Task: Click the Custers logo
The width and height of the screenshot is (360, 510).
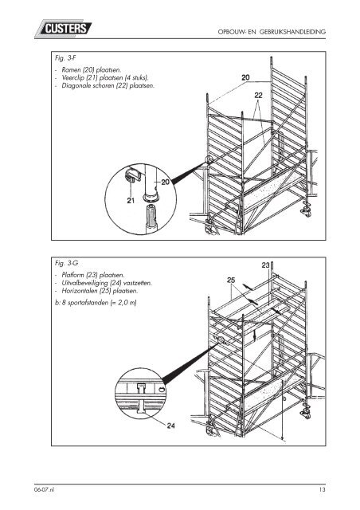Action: point(63,28)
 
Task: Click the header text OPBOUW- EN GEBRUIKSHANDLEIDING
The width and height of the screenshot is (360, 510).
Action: point(272,32)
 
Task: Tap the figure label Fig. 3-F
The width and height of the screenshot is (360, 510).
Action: point(65,58)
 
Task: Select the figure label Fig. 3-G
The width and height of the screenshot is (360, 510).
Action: point(66,263)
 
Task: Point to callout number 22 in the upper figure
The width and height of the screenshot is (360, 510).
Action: point(258,96)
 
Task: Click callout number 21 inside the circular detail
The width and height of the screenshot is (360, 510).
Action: point(131,201)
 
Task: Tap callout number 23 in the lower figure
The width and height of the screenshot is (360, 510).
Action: point(266,265)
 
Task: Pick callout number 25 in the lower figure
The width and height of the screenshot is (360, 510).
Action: point(231,280)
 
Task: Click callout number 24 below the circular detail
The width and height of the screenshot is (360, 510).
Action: point(171,426)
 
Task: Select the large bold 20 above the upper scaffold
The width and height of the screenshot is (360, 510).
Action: point(245,77)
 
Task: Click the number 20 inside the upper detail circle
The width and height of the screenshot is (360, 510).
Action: point(165,182)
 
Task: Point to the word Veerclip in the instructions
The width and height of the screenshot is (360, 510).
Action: point(73,78)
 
